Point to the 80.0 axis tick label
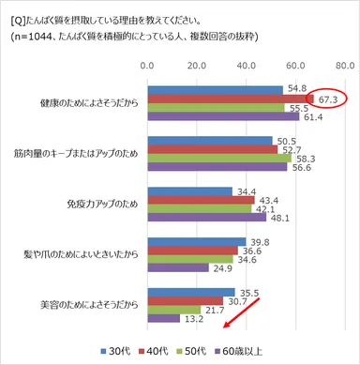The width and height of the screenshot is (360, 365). tap(342, 67)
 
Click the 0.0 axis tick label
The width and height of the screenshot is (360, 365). tap(146, 67)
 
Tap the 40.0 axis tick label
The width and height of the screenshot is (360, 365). tap(245, 67)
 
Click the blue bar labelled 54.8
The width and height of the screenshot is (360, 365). tap(214, 88)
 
